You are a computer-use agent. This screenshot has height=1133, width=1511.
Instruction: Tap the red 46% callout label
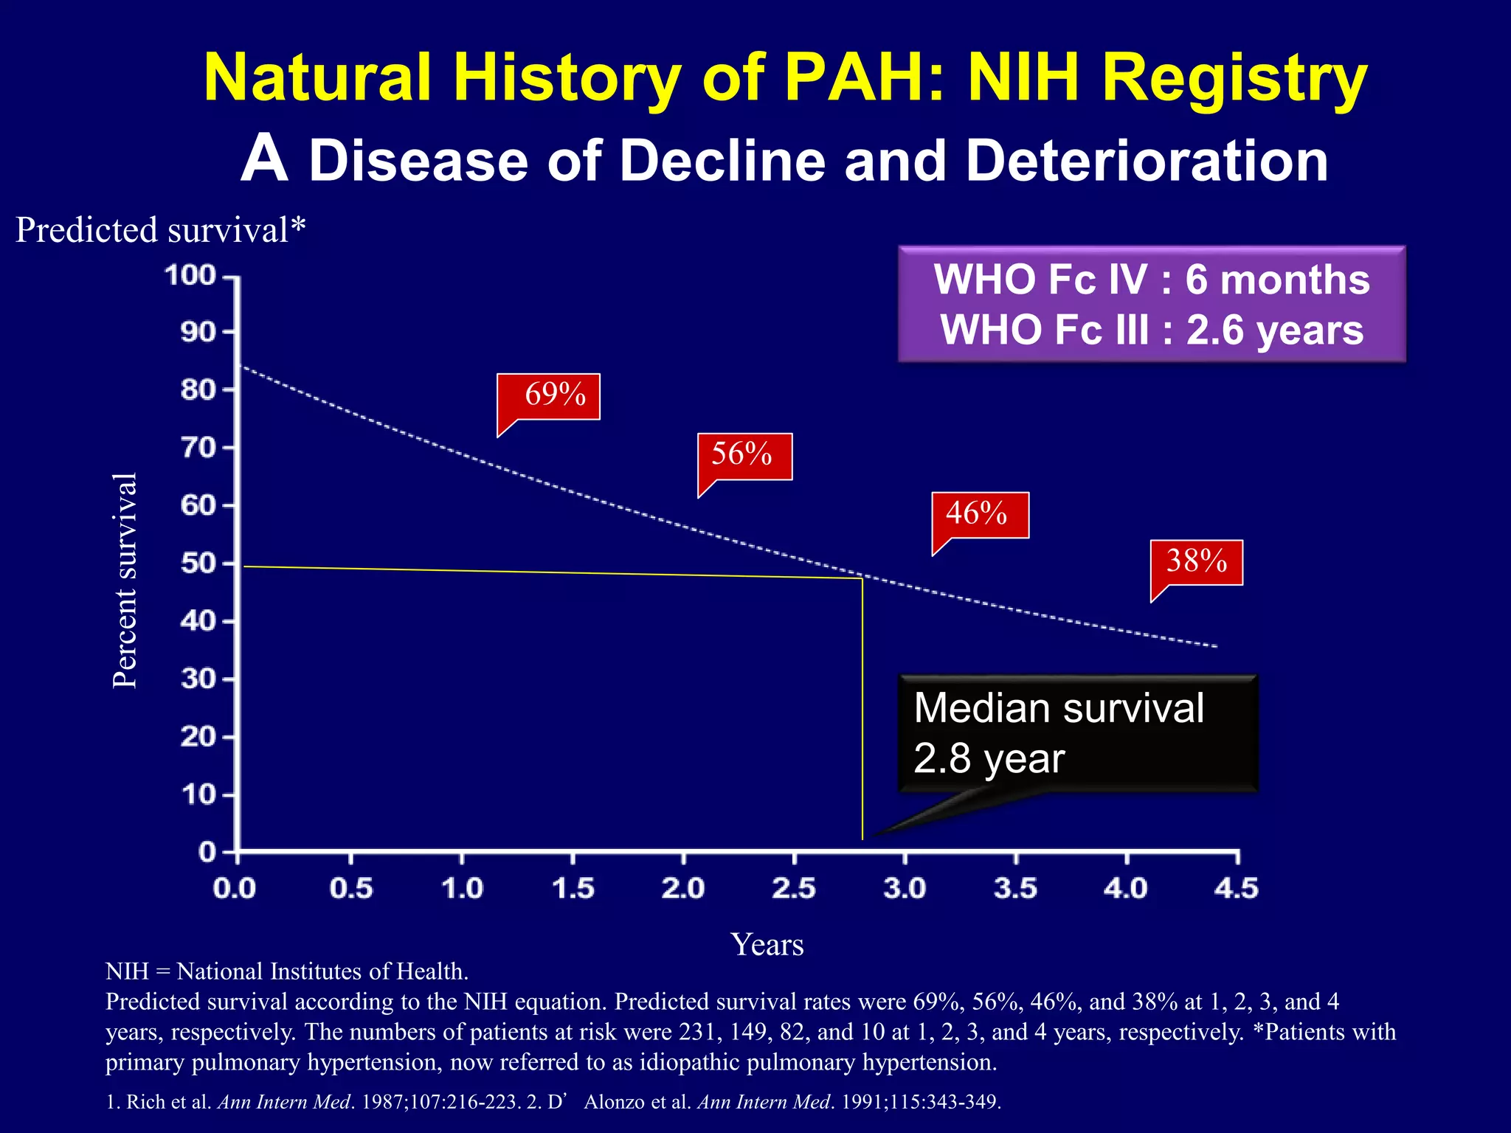pyautogui.click(x=978, y=514)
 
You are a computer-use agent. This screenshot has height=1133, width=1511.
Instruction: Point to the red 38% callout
pyautogui.click(x=1196, y=562)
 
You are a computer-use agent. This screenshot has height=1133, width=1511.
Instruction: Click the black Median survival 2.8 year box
pyautogui.click(x=1077, y=733)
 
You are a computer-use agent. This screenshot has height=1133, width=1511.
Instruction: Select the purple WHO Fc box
pyautogui.click(x=1151, y=304)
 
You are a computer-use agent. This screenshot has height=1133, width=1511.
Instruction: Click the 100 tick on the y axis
pyautogui.click(x=190, y=276)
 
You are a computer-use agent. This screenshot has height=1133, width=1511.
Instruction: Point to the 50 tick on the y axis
pyautogui.click(x=198, y=564)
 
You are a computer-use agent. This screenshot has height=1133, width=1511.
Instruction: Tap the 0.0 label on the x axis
pyautogui.click(x=235, y=888)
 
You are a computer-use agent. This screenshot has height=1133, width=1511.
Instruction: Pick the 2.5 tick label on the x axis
pyautogui.click(x=794, y=888)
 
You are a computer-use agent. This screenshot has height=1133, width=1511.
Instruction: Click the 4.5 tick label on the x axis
pyautogui.click(x=1237, y=888)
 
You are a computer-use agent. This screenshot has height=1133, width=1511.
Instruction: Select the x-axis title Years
pyautogui.click(x=767, y=945)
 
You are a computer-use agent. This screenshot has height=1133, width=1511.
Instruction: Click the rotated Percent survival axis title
pyautogui.click(x=125, y=581)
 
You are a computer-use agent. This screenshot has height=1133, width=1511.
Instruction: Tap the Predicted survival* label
pyautogui.click(x=160, y=230)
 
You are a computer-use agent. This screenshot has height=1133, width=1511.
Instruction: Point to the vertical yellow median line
pyautogui.click(x=862, y=708)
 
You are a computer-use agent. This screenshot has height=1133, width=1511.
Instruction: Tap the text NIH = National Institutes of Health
pyautogui.click(x=287, y=971)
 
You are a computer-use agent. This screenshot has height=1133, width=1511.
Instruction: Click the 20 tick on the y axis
pyautogui.click(x=198, y=737)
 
